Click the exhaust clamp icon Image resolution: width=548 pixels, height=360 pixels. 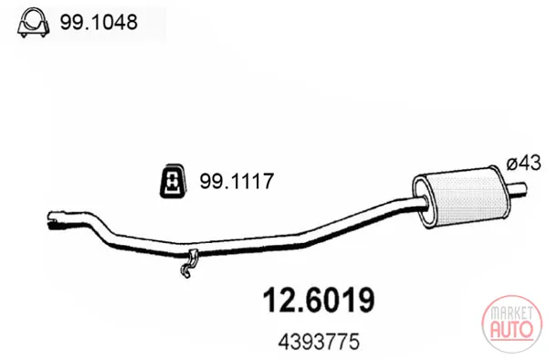tap(33, 22)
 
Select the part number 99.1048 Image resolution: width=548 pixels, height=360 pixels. tap(99, 22)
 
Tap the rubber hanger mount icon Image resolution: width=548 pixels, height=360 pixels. tap(173, 181)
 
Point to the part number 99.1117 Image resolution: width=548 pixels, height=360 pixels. tap(237, 181)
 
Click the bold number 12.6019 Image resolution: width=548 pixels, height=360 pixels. tap(319, 300)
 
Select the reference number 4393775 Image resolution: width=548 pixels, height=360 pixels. tap(319, 341)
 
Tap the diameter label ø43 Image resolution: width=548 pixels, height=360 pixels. tap(523, 163)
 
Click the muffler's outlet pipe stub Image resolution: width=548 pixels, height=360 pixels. tap(517, 189)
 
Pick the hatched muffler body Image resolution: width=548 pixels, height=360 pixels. tap(465, 197)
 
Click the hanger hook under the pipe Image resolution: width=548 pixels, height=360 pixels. tap(189, 263)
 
